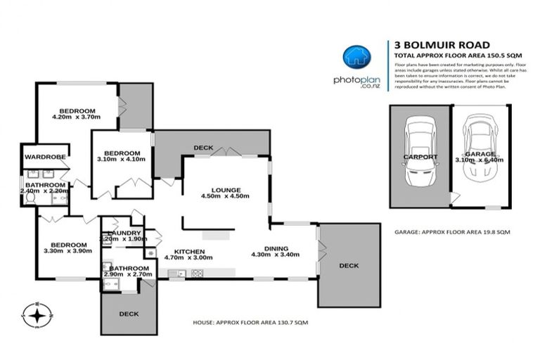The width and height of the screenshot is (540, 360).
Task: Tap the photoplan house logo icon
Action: click(356, 57)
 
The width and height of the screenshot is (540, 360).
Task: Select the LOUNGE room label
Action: click(226, 190)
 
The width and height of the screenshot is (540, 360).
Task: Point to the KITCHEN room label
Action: click(190, 251)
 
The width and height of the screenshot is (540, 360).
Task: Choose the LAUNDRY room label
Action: click(124, 233)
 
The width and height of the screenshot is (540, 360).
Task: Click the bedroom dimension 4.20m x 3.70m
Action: click(77, 117)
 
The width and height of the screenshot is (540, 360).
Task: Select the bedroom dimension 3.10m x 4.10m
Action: click(122, 159)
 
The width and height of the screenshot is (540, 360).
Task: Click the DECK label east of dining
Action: click(348, 266)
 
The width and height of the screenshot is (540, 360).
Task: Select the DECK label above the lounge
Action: click(203, 148)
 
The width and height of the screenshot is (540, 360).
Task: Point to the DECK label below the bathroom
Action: click(129, 314)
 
